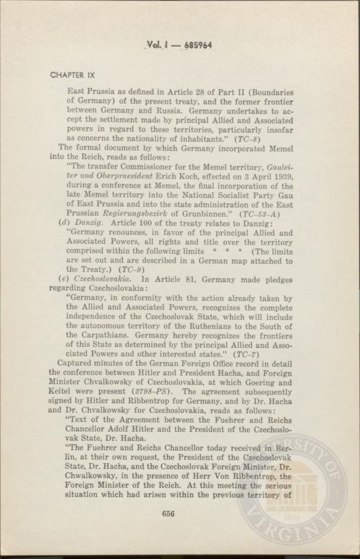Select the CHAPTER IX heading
(71, 75)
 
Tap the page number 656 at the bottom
(169, 513)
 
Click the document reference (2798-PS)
(152, 391)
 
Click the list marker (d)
(63, 223)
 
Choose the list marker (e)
(63, 279)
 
